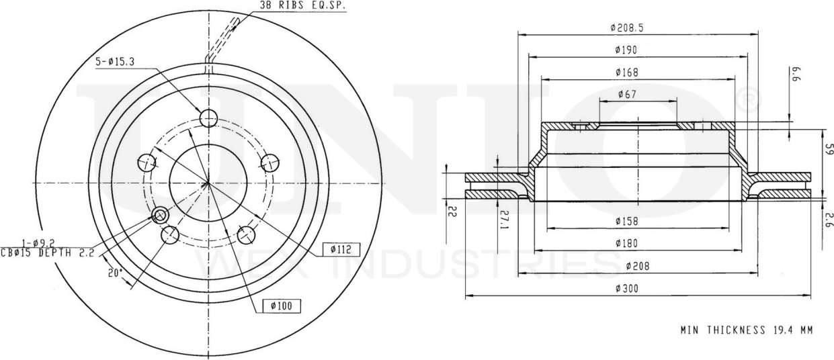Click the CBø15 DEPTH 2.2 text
point(48,253)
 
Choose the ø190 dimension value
point(626,50)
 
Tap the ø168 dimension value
point(626,72)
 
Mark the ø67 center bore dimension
point(628,95)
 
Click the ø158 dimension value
point(626,221)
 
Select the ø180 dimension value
point(626,243)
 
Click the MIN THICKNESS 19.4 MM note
point(747,330)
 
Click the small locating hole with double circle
point(160,215)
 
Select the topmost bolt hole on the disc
point(210,118)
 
